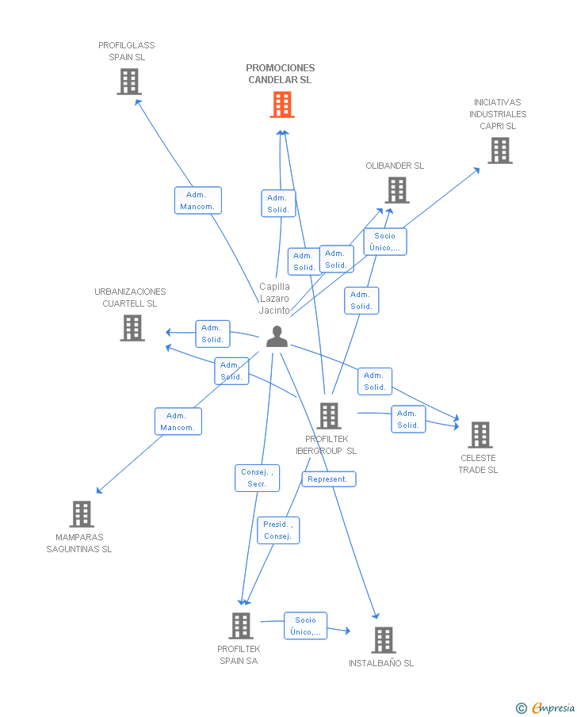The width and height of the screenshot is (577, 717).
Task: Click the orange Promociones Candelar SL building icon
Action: (x=282, y=105)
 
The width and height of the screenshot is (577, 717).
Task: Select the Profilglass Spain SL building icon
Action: (x=129, y=82)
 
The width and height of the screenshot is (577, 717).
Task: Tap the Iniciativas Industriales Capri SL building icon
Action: (x=499, y=151)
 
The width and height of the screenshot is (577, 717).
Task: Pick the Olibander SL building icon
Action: (x=397, y=190)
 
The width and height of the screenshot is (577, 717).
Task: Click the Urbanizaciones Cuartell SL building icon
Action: (x=132, y=328)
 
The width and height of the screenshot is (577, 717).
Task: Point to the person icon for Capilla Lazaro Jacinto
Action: (x=277, y=337)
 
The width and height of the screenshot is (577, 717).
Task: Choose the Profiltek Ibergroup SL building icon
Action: (x=328, y=416)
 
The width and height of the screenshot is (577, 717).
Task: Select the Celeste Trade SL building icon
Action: (x=480, y=435)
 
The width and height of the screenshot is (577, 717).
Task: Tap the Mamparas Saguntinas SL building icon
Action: (x=82, y=514)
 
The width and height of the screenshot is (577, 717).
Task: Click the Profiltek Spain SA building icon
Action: (x=240, y=626)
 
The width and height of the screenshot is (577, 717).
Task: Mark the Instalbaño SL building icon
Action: (x=383, y=640)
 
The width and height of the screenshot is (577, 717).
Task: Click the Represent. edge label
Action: (x=328, y=479)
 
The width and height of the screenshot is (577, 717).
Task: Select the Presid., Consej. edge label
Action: (x=278, y=530)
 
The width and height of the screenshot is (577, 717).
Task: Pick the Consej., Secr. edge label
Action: (x=257, y=478)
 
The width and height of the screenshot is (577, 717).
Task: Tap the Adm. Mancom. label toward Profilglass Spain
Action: (x=197, y=200)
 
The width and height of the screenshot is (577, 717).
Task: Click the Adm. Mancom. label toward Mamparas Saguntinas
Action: (x=178, y=421)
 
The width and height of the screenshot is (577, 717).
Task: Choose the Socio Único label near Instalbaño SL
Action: (x=305, y=626)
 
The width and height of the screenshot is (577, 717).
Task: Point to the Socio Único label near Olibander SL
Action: (x=384, y=242)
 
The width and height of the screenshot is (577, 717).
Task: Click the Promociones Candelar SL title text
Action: (x=280, y=74)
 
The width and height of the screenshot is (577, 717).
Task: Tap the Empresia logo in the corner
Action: (x=546, y=707)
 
